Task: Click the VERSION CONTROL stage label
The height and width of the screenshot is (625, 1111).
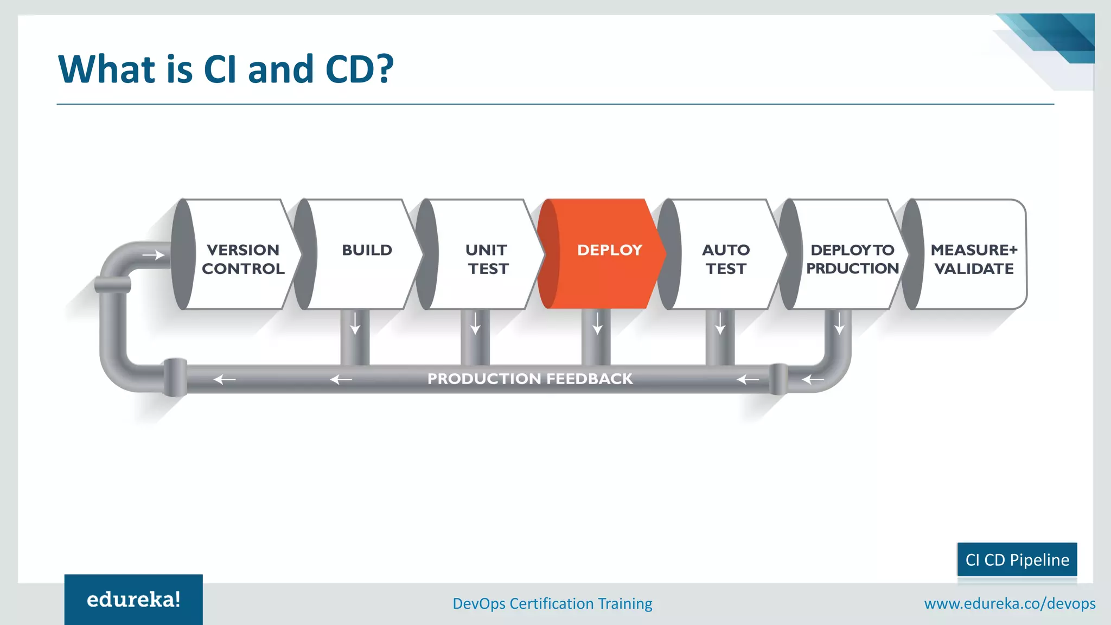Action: (x=243, y=259)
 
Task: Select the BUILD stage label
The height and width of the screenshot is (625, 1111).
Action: (x=367, y=250)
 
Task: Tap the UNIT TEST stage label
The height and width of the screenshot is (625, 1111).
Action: (x=488, y=259)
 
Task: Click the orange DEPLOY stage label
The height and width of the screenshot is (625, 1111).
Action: (x=609, y=250)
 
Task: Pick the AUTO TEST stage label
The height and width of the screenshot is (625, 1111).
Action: (x=726, y=259)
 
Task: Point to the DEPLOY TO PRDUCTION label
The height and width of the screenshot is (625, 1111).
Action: (x=852, y=259)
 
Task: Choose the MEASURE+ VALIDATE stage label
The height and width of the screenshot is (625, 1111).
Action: (x=974, y=259)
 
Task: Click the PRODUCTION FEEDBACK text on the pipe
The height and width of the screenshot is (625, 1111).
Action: (x=530, y=379)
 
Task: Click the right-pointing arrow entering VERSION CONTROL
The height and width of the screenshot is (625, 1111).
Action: (x=153, y=255)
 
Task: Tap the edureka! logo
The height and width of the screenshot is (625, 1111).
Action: (x=133, y=600)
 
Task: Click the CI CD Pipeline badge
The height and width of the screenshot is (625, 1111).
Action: (x=1017, y=560)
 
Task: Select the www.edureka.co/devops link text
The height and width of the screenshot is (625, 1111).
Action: (x=1010, y=603)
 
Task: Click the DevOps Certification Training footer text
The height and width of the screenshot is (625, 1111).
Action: (x=552, y=603)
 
